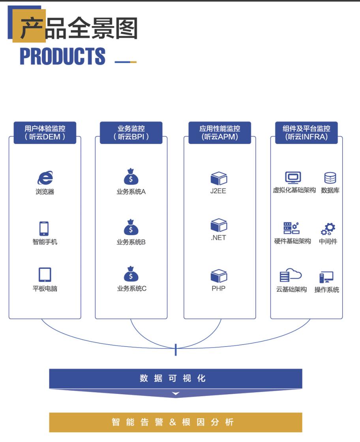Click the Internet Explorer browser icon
click(x=45, y=178)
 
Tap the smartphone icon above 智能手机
click(x=44, y=228)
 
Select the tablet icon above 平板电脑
click(x=45, y=275)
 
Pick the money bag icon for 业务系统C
click(x=131, y=274)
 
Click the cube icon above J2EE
click(x=219, y=178)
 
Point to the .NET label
click(x=218, y=238)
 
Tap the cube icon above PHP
click(x=219, y=276)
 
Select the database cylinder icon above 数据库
click(x=330, y=178)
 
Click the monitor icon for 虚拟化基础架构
click(x=293, y=178)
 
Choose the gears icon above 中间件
click(x=328, y=229)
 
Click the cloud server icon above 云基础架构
click(x=291, y=275)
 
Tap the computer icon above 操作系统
click(x=326, y=277)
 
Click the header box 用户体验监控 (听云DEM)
click(x=45, y=133)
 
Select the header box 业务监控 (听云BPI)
click(x=131, y=133)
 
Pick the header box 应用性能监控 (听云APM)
click(x=219, y=133)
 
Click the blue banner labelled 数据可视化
click(x=176, y=378)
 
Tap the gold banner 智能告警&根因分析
click(x=176, y=422)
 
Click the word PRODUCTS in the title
click(x=63, y=56)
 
